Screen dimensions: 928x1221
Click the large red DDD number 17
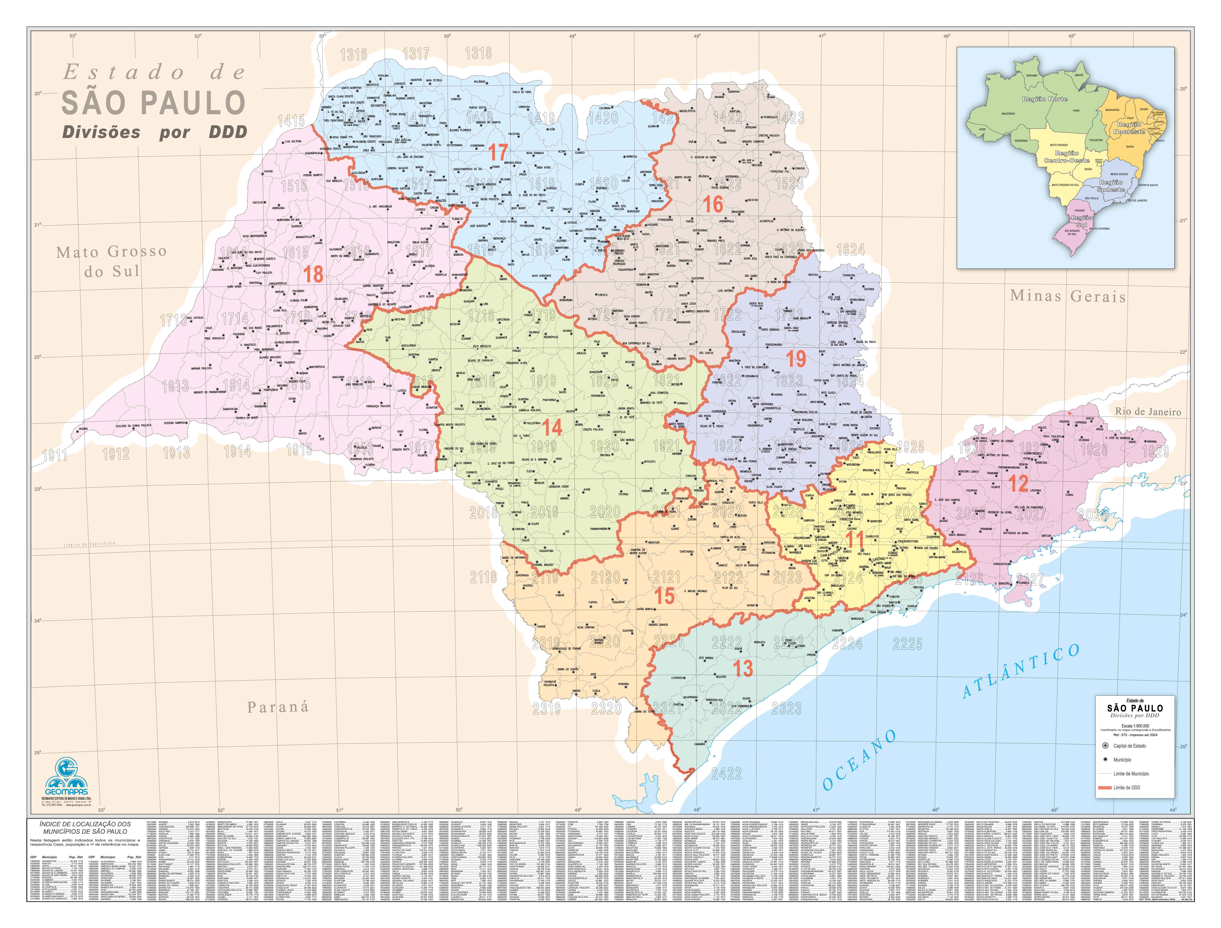click(x=498, y=152)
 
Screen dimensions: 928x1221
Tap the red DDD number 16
click(x=713, y=204)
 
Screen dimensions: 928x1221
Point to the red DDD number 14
click(x=552, y=427)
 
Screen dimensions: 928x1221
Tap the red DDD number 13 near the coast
click(x=743, y=668)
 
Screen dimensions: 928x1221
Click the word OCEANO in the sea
click(x=860, y=760)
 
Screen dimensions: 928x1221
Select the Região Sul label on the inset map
click(x=1081, y=221)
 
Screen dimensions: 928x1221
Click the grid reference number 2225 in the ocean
click(x=908, y=644)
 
